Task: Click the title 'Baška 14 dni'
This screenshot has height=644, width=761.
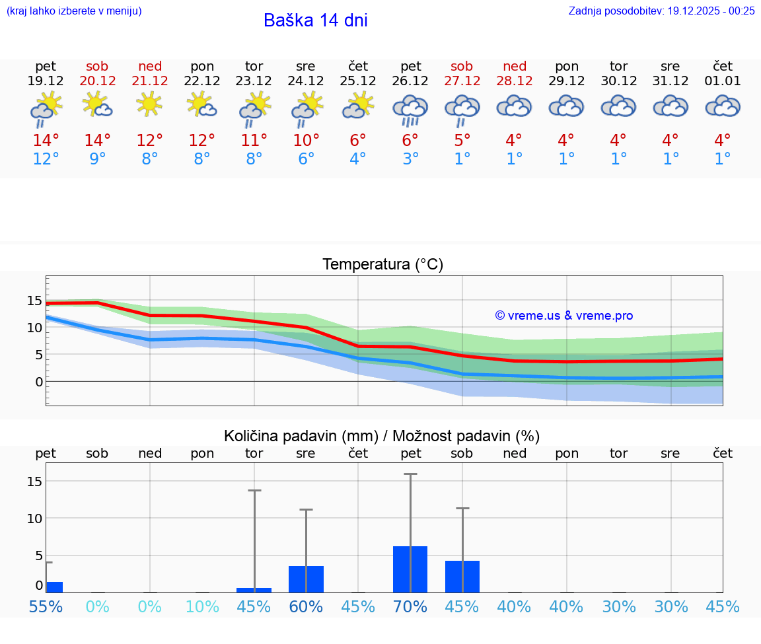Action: tap(315, 20)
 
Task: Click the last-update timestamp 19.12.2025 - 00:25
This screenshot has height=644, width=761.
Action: tap(709, 11)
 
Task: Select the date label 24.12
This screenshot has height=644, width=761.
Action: tap(306, 81)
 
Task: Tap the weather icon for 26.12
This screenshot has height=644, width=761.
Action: tap(410, 109)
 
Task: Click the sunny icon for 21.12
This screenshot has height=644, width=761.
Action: tap(150, 104)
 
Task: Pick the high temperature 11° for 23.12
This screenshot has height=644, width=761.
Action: tap(254, 140)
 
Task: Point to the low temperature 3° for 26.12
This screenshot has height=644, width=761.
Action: tap(410, 159)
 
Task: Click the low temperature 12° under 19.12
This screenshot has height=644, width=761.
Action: tap(46, 159)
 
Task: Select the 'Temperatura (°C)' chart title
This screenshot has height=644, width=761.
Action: tap(382, 264)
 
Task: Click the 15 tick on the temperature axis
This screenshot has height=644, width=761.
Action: tap(34, 301)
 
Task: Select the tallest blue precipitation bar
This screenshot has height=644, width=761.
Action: tap(410, 569)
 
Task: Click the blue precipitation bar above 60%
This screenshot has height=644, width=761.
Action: tap(306, 579)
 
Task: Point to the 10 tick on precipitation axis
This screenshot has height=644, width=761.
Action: tap(34, 518)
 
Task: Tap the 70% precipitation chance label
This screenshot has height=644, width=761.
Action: tap(410, 606)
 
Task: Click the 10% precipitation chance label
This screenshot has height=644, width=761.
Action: tap(202, 606)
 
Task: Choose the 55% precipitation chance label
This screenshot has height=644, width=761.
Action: tap(46, 606)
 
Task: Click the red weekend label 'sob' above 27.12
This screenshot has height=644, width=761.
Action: tap(462, 66)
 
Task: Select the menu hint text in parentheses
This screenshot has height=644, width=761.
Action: tap(74, 11)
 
